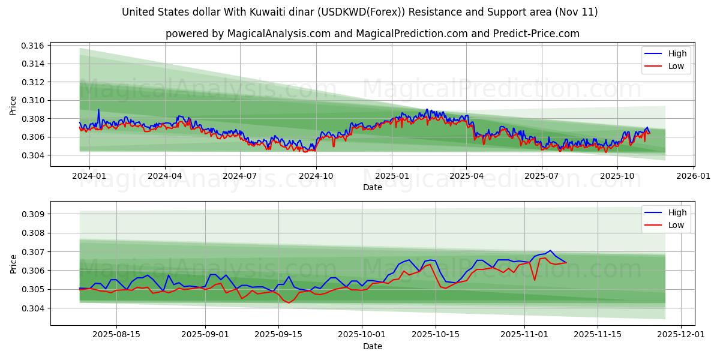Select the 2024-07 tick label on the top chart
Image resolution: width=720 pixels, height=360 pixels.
[240, 176]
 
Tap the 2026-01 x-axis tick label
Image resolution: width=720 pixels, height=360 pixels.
[694, 176]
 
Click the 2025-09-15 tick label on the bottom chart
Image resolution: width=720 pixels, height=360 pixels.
[279, 335]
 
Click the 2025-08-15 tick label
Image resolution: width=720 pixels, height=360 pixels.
[116, 335]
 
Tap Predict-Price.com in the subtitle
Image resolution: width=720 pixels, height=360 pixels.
[543, 34]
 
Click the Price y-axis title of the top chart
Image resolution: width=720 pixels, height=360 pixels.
[13, 106]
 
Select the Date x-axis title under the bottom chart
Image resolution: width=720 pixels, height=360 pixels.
[372, 346]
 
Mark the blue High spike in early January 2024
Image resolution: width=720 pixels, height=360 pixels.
[98, 110]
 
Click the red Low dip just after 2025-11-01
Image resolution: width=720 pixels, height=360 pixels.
[535, 280]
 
